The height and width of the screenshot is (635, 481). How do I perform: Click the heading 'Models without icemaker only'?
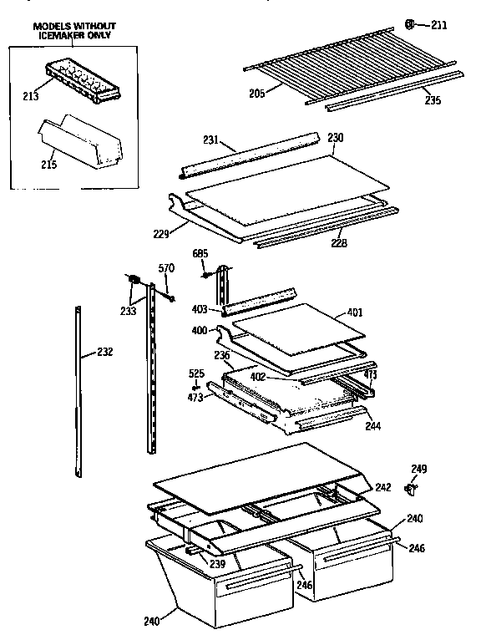click(74, 30)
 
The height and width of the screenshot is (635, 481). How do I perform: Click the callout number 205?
click(256, 94)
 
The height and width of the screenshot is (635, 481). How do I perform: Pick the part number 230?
click(335, 137)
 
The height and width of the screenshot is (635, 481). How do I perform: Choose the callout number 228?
click(338, 243)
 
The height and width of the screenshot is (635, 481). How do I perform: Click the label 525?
click(195, 373)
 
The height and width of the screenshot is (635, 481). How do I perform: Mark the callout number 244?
click(372, 425)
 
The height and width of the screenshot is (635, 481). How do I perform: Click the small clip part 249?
click(410, 488)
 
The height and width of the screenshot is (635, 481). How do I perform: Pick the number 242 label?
click(383, 486)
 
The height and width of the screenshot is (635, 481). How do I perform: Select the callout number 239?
click(216, 564)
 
